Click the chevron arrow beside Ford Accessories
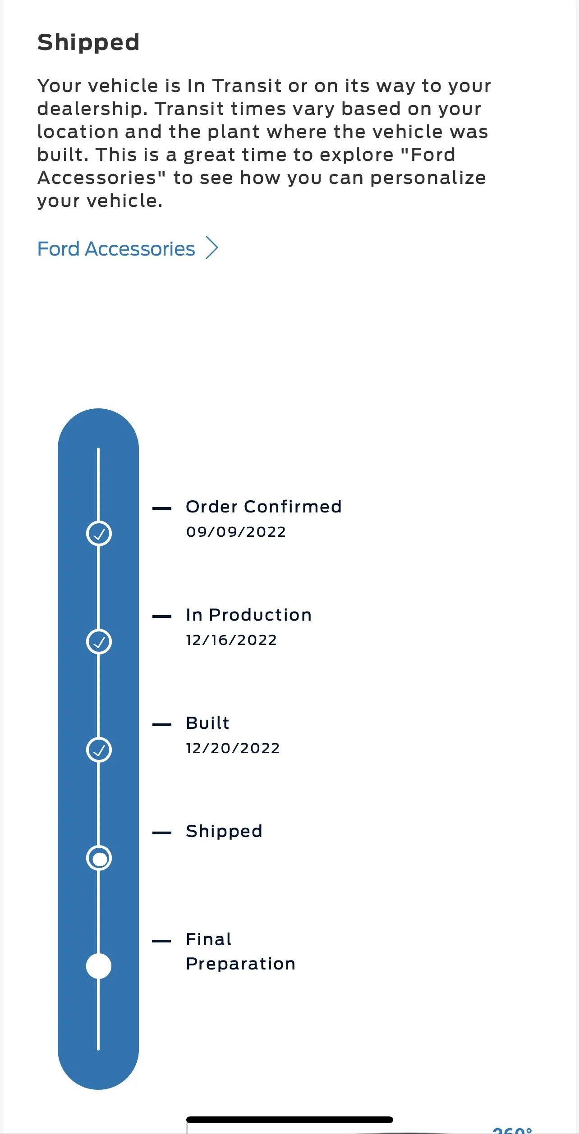212,248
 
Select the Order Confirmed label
264,507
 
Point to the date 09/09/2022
236,532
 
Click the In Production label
249,615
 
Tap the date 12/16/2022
232,640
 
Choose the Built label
208,723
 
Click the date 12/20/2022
233,748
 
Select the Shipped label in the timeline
224,831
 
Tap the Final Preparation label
241,951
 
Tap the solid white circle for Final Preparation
99,966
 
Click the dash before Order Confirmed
162,508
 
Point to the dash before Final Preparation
162,941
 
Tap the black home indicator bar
289,1120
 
